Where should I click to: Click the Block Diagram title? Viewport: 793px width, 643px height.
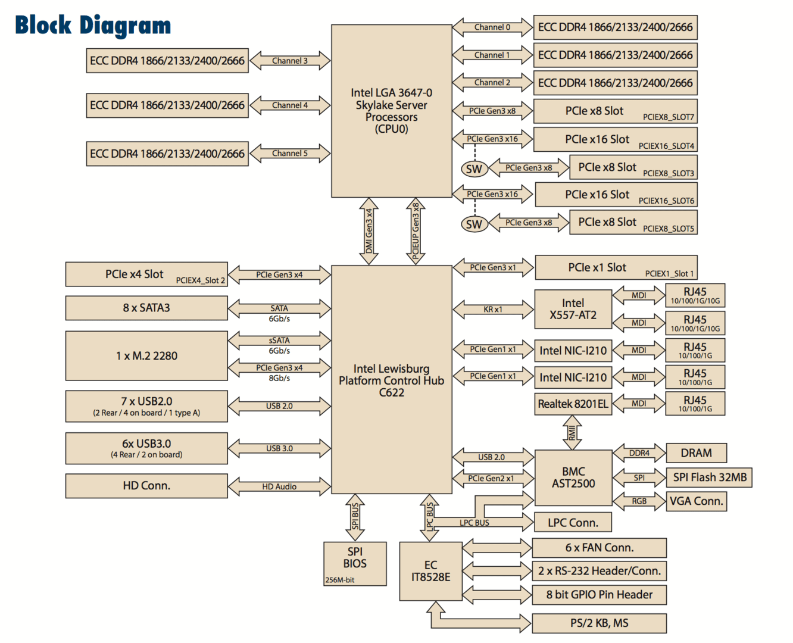pyautogui.click(x=93, y=25)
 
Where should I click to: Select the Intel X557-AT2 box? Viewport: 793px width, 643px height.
pyautogui.click(x=573, y=309)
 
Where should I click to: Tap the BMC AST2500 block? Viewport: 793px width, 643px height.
pyautogui.click(x=573, y=477)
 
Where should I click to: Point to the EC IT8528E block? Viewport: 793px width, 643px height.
pyautogui.click(x=430, y=571)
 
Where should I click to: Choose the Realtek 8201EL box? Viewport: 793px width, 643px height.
pyautogui.click(x=573, y=404)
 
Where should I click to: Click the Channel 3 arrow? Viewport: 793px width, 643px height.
pyautogui.click(x=290, y=61)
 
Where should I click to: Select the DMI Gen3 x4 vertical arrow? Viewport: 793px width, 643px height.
pyautogui.click(x=369, y=231)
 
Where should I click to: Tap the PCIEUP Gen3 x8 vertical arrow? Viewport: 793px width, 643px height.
pyautogui.click(x=416, y=231)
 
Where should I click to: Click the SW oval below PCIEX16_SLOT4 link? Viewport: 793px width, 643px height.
pyautogui.click(x=474, y=169)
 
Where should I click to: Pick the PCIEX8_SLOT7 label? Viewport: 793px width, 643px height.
pyautogui.click(x=668, y=117)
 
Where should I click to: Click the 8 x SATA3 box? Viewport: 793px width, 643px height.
pyautogui.click(x=146, y=308)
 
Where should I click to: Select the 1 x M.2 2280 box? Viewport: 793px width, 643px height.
pyautogui.click(x=146, y=356)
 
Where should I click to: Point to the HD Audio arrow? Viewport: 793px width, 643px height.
pyautogui.click(x=279, y=486)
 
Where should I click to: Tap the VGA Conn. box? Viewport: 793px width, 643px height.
pyautogui.click(x=696, y=501)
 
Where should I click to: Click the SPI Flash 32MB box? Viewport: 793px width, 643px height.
pyautogui.click(x=709, y=477)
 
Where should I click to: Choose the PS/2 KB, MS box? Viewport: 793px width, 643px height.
pyautogui.click(x=599, y=623)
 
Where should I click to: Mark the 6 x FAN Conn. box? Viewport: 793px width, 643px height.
pyautogui.click(x=599, y=548)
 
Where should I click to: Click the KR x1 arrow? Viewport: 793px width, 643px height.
pyautogui.click(x=493, y=310)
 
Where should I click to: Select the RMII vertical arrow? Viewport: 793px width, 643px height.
pyautogui.click(x=572, y=432)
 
